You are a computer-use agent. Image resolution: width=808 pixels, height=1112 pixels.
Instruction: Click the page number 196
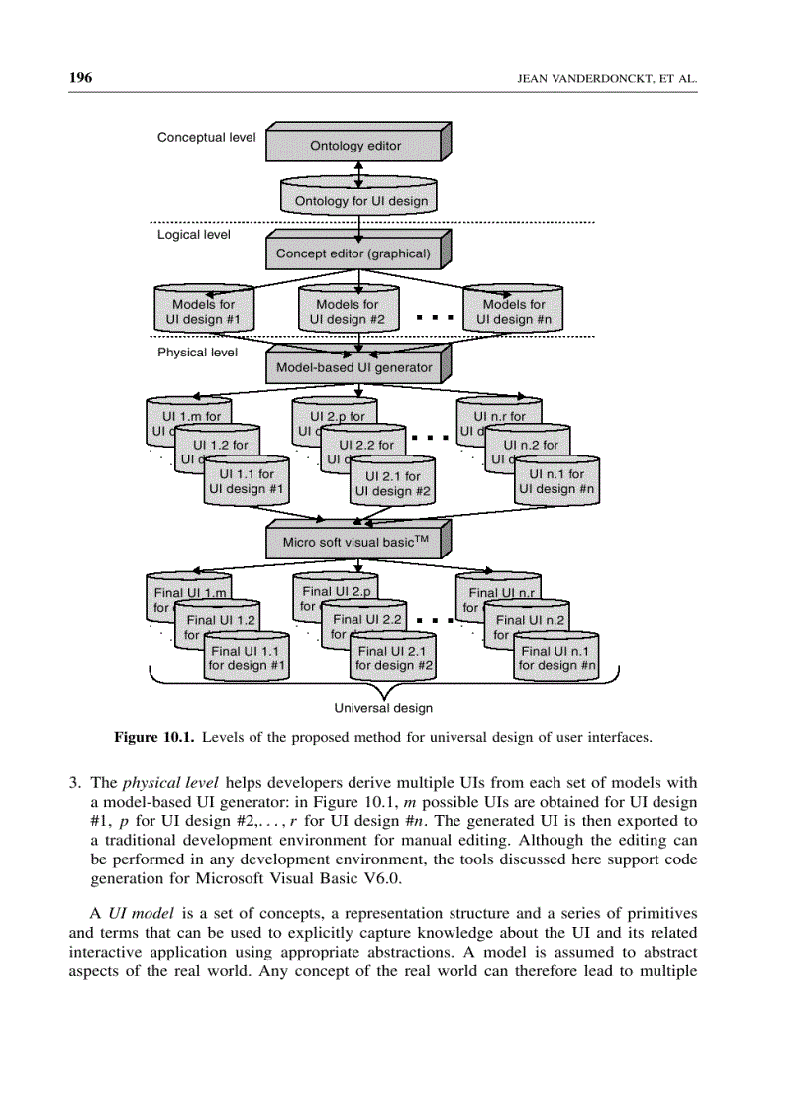pos(80,78)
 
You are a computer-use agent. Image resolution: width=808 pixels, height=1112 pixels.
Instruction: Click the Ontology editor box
pos(355,145)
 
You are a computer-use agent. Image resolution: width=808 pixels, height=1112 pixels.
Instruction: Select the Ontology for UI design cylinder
pos(360,199)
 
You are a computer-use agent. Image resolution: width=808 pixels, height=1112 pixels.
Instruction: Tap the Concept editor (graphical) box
pos(353,253)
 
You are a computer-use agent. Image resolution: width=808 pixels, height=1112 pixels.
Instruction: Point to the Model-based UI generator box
pos(353,367)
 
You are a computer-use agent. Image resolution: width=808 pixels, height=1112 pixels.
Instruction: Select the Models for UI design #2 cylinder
pos(347,311)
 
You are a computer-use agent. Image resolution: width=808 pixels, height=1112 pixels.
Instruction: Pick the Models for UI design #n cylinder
pos(513,311)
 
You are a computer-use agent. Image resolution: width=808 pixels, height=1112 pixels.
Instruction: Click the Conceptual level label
pos(206,137)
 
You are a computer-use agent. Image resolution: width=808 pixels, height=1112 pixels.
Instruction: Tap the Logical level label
pos(194,235)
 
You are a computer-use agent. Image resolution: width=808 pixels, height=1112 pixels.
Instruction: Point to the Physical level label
pos(197,352)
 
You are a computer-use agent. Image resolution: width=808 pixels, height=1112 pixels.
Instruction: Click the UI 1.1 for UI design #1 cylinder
pos(246,481)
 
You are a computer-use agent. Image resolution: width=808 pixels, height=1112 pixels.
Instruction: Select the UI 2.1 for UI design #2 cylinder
pos(393,483)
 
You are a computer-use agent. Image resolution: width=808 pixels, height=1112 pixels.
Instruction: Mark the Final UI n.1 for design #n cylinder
pos(556,657)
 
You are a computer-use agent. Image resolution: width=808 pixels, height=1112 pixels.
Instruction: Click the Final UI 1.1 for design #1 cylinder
pos(247,657)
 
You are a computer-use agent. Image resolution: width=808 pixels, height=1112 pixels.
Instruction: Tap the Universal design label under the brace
pos(382,708)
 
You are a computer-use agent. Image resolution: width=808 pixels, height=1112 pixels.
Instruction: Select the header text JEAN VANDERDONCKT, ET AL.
pos(608,79)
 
